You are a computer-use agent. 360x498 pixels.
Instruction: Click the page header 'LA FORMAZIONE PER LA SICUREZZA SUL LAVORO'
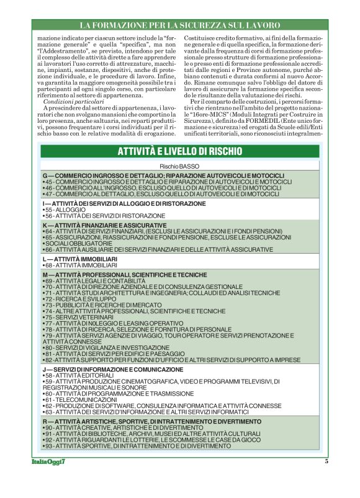(180, 25)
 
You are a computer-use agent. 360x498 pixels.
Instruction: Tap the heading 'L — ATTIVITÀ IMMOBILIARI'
(78, 257)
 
